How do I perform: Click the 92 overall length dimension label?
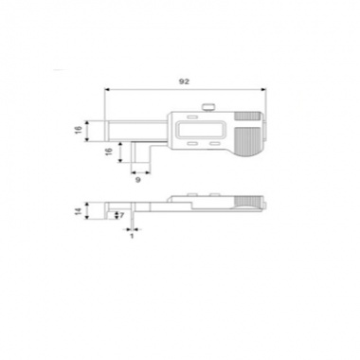184,81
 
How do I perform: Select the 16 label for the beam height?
79,130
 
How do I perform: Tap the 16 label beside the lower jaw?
109,151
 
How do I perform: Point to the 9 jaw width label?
137,180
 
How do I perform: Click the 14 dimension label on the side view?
79,211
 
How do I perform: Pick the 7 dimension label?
122,215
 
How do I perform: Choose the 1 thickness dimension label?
133,236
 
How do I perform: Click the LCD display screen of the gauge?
202,130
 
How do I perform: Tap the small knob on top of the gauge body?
208,108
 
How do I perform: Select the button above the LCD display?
191,117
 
